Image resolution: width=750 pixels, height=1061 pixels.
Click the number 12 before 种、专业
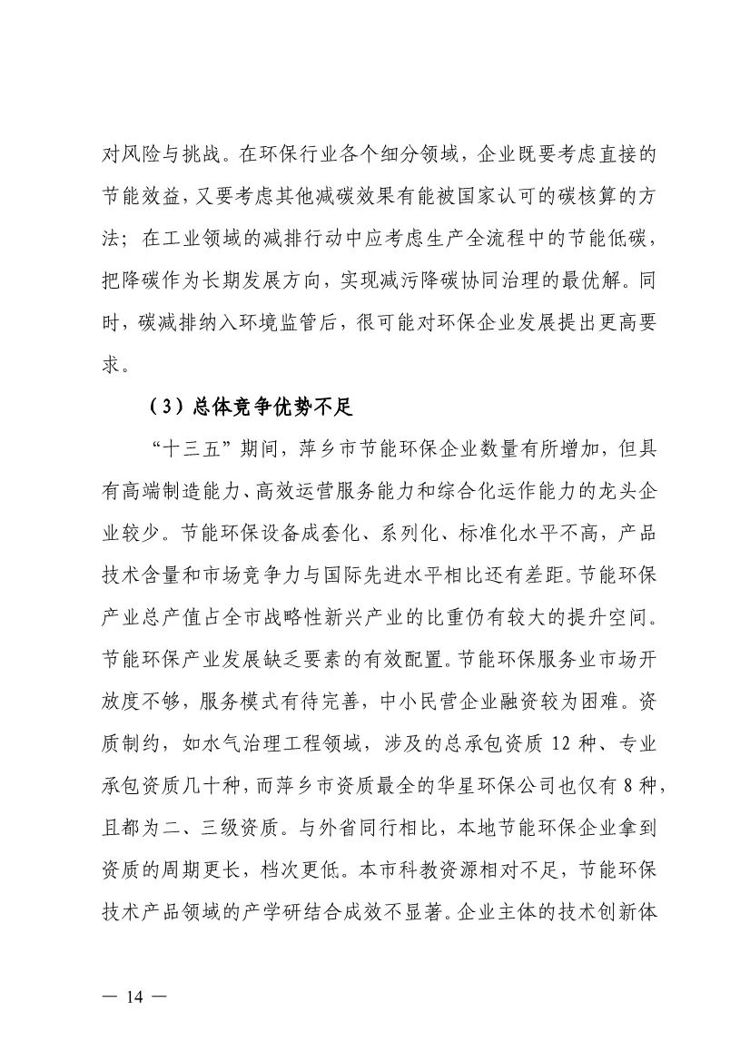point(562,745)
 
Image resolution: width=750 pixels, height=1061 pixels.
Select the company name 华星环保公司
point(487,786)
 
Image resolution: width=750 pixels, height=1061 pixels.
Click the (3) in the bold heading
point(164,408)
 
